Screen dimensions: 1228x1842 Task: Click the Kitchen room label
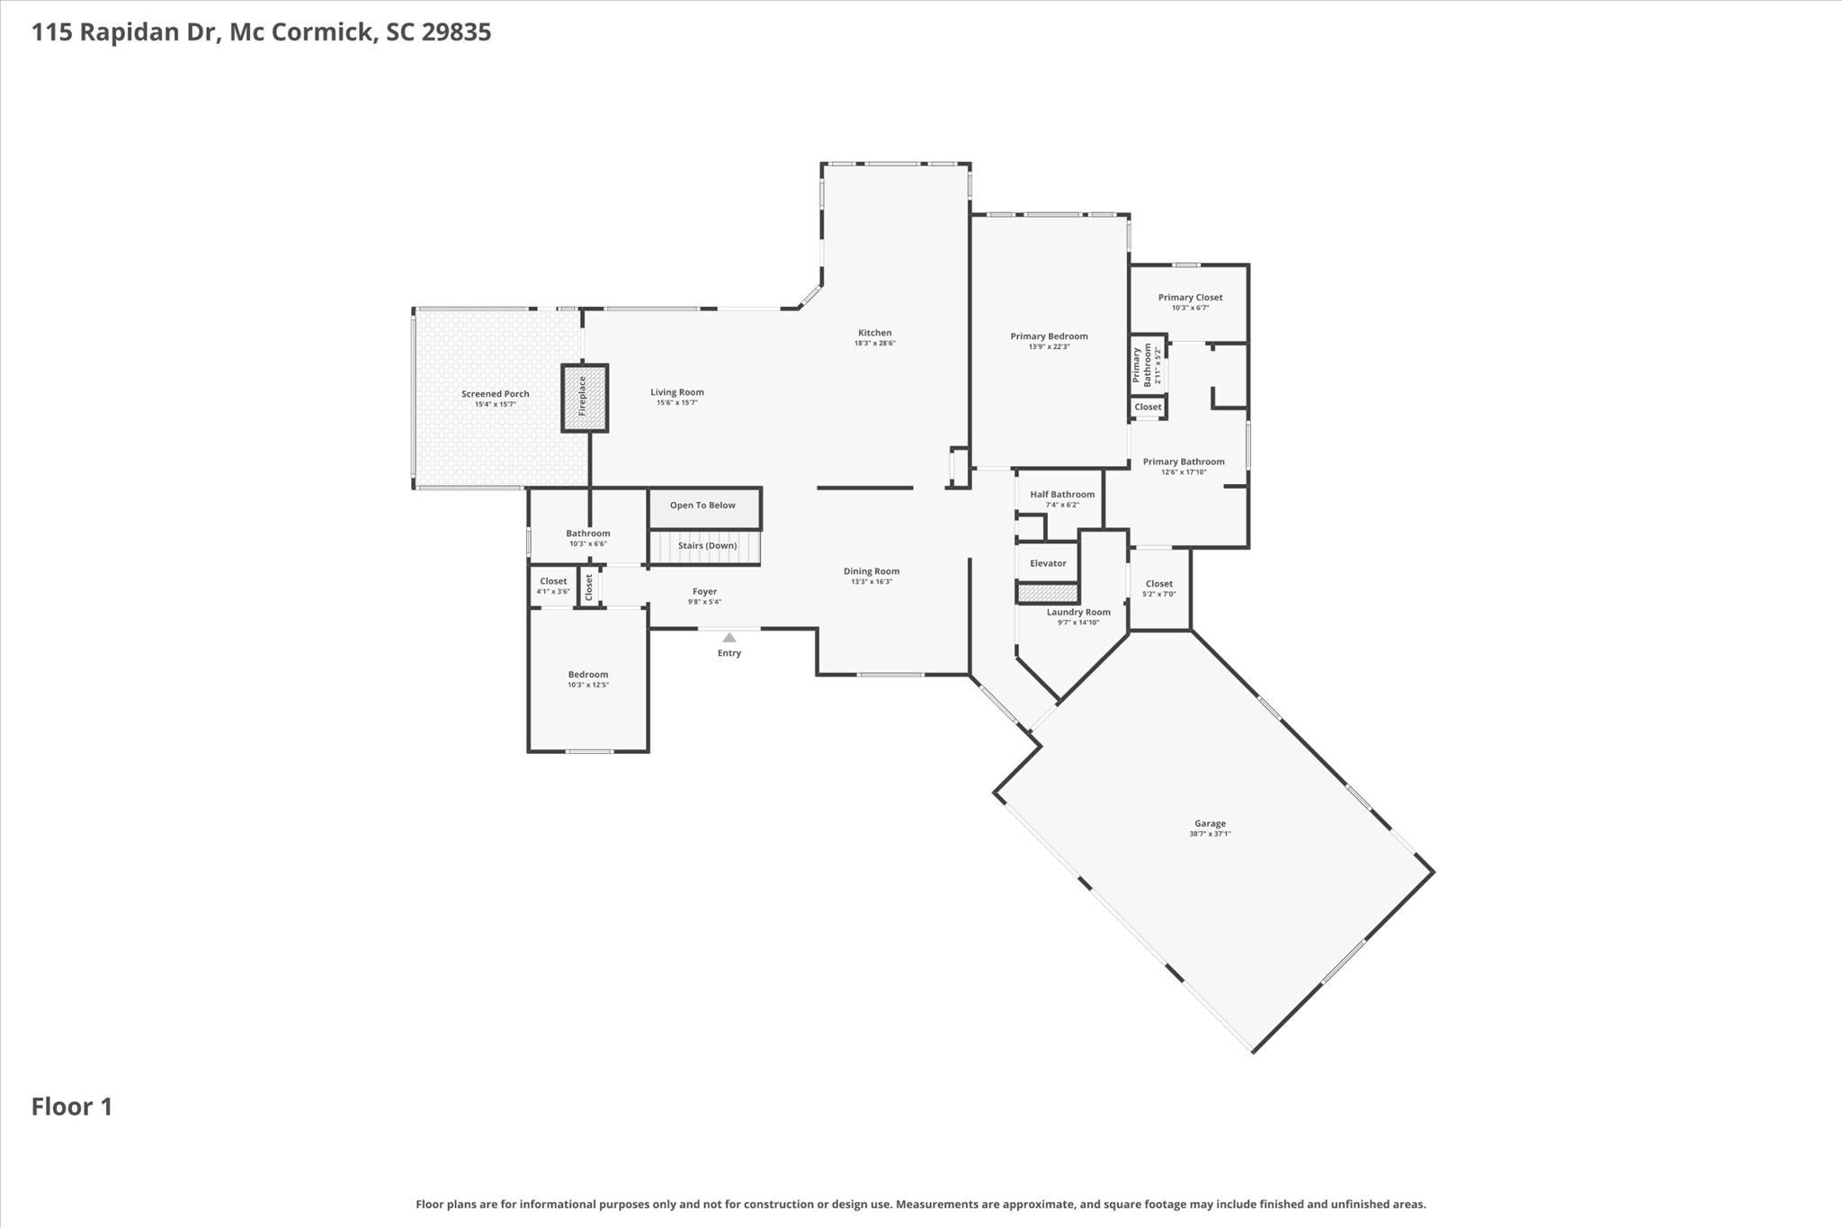click(874, 333)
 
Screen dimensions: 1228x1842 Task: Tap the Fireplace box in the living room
click(585, 397)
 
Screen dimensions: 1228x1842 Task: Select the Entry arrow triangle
click(729, 638)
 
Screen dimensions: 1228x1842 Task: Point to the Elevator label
click(1048, 563)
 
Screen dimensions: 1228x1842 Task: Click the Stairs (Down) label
click(707, 545)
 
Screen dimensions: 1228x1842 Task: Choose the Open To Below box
click(703, 506)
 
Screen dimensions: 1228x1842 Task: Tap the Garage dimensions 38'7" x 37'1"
click(1210, 834)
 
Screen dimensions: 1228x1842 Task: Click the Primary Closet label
click(1190, 297)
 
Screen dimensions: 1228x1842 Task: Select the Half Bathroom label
click(1062, 494)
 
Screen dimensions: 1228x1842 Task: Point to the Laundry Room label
click(1077, 612)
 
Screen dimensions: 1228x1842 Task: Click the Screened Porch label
click(495, 393)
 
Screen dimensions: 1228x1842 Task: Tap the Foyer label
click(704, 591)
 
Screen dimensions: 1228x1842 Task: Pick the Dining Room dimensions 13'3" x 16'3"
click(871, 581)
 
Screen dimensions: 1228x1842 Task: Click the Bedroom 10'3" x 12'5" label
click(587, 675)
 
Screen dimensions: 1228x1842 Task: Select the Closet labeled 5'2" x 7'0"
click(1158, 584)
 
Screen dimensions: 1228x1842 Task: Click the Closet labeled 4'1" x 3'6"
click(553, 581)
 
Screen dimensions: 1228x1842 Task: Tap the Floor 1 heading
click(72, 1107)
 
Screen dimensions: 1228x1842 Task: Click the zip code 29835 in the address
click(456, 32)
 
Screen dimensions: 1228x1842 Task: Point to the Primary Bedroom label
click(1049, 336)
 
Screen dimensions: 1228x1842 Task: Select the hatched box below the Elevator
click(1047, 592)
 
